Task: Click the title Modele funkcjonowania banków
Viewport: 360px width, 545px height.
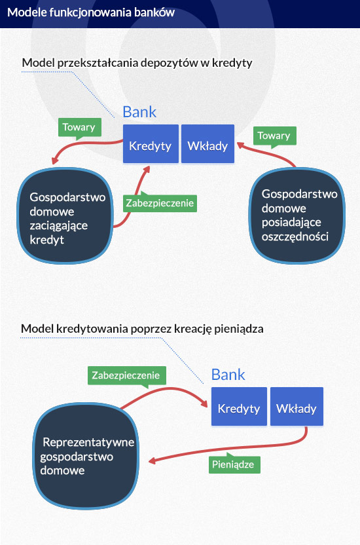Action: [90, 12]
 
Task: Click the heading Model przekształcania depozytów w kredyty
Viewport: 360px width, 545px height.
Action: [137, 63]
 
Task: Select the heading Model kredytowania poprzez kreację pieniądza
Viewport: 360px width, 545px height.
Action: [142, 329]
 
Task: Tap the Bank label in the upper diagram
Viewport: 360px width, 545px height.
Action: [139, 112]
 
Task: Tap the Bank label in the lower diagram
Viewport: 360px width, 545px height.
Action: [228, 375]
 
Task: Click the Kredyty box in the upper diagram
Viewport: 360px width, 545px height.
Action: [151, 144]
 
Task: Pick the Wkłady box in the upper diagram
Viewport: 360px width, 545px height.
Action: [207, 144]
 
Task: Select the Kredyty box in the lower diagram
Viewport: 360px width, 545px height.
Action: [239, 406]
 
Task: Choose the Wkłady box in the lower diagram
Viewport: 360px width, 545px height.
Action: [297, 406]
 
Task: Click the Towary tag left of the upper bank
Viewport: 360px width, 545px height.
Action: [79, 128]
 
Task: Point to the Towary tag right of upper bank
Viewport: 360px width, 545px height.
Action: [275, 136]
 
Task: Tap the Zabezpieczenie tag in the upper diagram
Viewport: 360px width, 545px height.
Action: [160, 202]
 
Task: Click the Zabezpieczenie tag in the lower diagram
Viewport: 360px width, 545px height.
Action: [127, 376]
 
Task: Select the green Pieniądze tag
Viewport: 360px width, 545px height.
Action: [234, 464]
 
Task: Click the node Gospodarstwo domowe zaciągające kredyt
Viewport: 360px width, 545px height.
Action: [65, 216]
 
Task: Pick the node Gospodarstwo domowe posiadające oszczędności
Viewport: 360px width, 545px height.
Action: [297, 216]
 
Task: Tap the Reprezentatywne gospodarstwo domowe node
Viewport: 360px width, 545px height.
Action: [86, 456]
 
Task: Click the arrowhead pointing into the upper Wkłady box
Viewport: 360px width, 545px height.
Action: [241, 145]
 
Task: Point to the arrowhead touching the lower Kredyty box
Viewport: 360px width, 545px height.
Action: [204, 404]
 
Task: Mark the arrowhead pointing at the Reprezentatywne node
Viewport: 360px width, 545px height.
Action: [153, 461]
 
